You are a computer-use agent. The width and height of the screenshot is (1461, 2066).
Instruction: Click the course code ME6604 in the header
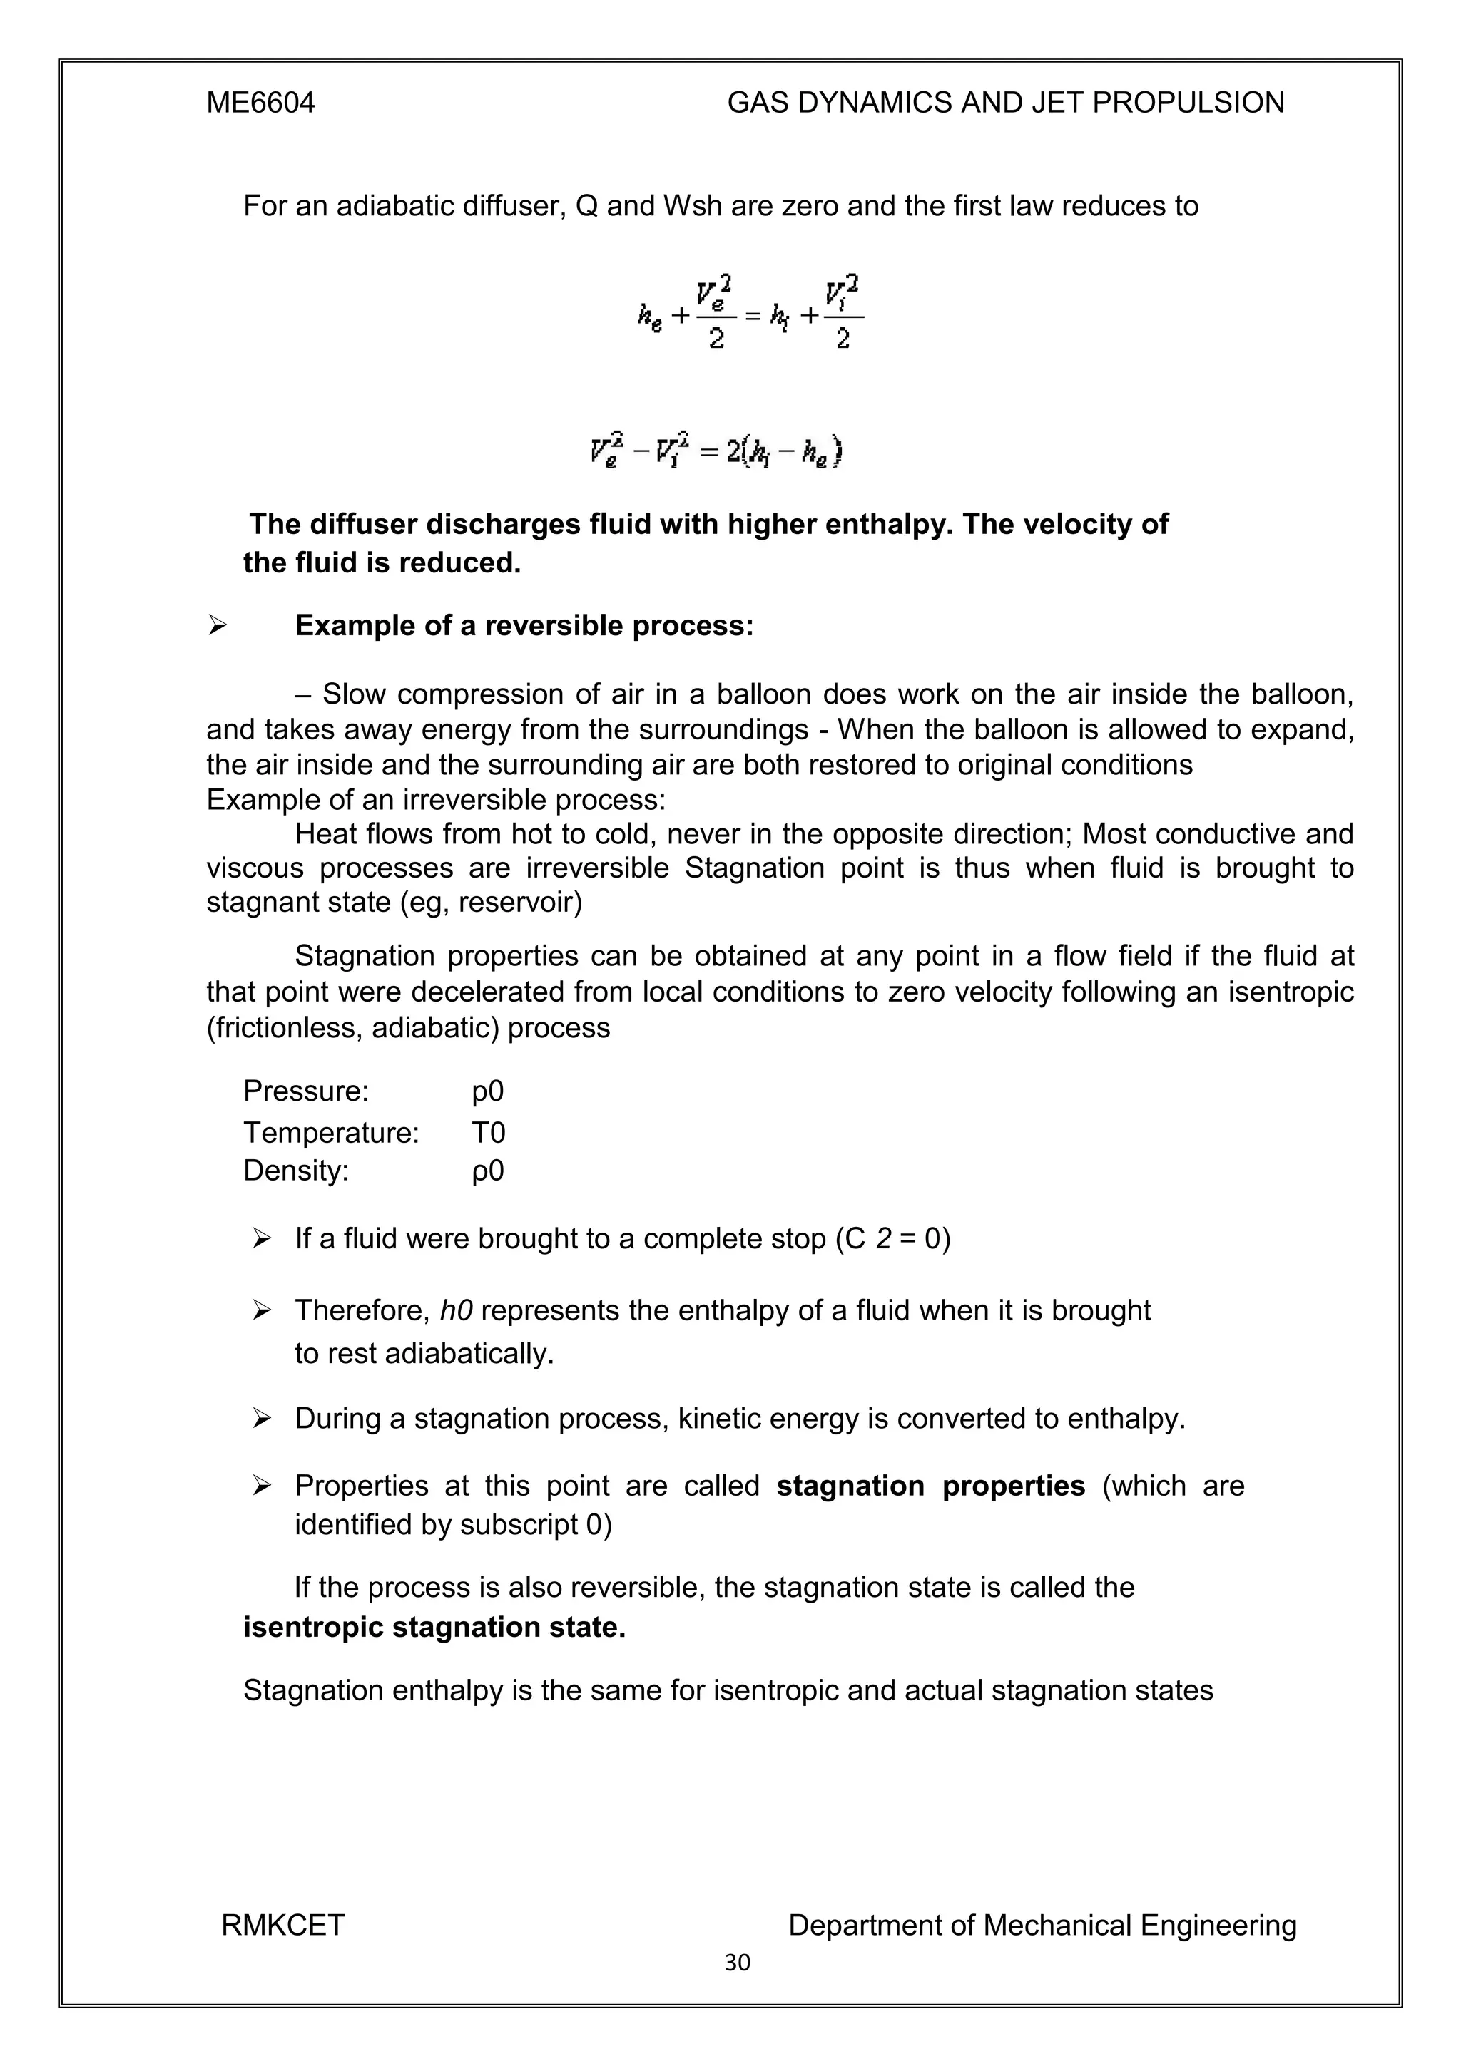point(260,103)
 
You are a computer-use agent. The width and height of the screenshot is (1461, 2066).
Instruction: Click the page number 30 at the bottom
point(736,1963)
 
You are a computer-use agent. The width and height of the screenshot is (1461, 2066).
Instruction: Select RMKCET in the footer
point(282,1925)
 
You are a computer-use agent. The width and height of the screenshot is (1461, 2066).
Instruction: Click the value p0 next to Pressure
point(487,1091)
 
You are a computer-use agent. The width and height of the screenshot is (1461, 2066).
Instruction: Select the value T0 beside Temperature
point(488,1132)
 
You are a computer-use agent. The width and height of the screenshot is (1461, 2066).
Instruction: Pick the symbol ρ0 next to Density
point(487,1171)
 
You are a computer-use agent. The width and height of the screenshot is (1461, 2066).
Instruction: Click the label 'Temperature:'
point(330,1132)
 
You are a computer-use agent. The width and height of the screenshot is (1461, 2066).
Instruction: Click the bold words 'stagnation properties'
point(930,1486)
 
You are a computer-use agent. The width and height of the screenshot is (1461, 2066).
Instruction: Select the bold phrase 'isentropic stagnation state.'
point(434,1627)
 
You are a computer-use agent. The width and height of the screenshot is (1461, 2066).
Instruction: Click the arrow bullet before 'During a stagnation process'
point(262,1419)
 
